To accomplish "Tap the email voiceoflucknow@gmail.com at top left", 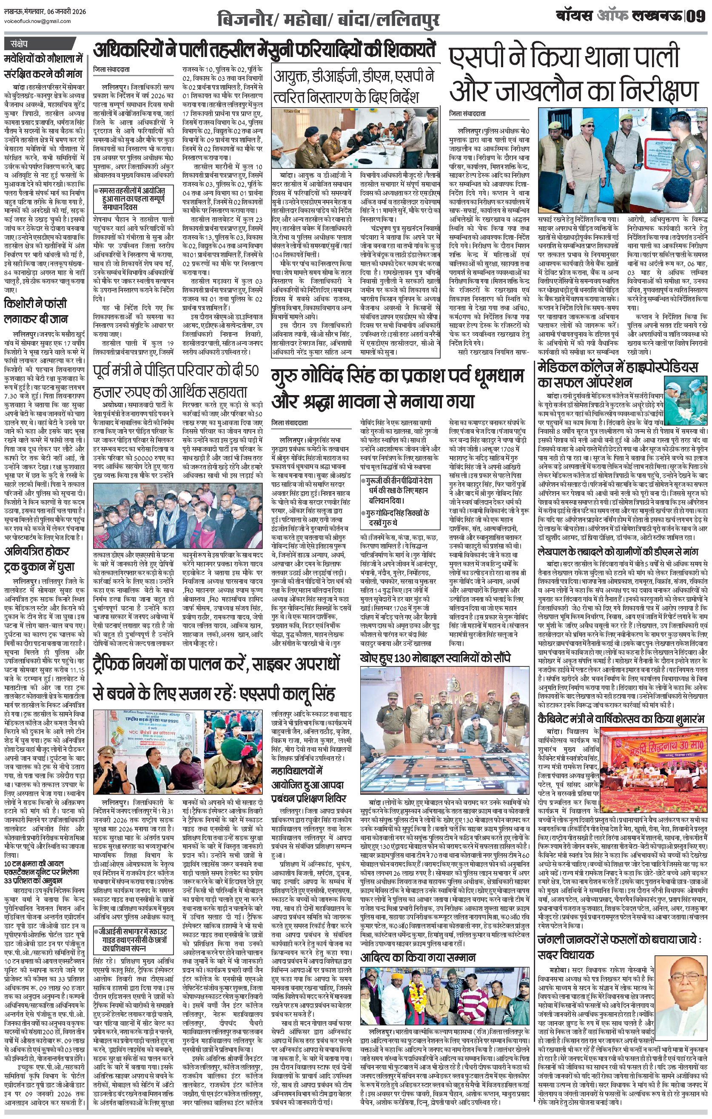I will click(x=37, y=21).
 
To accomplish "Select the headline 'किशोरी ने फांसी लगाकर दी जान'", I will click(x=36, y=312).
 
